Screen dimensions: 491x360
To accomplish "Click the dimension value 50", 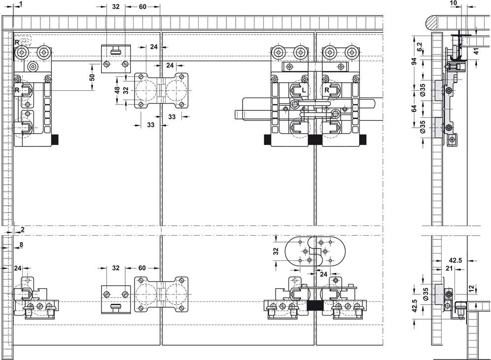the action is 92,77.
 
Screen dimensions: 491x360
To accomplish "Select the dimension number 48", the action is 117,90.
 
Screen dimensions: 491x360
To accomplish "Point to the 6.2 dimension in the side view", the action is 420,47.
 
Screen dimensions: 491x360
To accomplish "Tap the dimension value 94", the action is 414,61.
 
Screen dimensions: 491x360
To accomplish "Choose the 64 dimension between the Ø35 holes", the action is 414,108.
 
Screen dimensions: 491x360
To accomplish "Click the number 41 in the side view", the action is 476,51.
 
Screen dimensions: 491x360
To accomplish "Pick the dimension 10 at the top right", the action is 453,3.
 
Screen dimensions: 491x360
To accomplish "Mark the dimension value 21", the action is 449,268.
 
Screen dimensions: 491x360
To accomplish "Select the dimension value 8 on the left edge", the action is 21,245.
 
